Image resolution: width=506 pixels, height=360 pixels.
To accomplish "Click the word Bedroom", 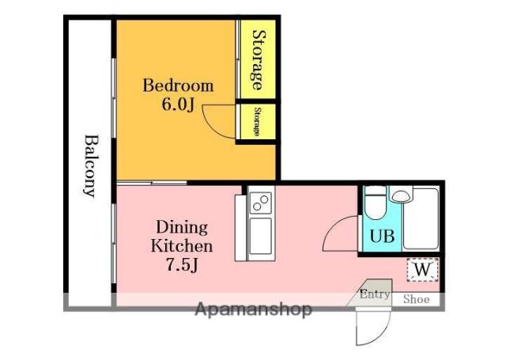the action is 178,85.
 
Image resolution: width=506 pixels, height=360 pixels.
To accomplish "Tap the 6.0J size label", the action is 178,104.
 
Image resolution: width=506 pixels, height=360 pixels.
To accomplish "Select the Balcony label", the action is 91,166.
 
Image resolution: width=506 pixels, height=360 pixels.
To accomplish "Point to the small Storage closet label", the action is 257,122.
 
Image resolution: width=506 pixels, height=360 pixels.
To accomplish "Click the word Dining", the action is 182,228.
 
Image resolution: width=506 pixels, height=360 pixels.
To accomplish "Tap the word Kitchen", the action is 182,246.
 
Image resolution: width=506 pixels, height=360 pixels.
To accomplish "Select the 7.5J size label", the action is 182,264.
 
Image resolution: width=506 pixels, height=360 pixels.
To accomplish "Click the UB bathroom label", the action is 382,236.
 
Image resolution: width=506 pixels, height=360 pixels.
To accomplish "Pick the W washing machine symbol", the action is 422,270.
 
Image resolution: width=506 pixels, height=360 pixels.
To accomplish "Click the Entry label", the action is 375,294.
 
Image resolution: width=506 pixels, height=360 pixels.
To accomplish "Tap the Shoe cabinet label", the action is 417,299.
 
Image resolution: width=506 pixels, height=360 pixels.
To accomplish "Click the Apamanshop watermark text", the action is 254,309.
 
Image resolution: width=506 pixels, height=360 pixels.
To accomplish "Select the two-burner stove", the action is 260,203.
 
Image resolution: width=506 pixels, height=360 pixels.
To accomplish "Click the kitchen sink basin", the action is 260,236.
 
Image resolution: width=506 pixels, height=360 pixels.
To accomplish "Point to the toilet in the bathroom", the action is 376,203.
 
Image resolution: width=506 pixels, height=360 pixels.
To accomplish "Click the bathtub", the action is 421,218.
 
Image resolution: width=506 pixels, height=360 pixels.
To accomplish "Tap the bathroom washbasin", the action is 401,195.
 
